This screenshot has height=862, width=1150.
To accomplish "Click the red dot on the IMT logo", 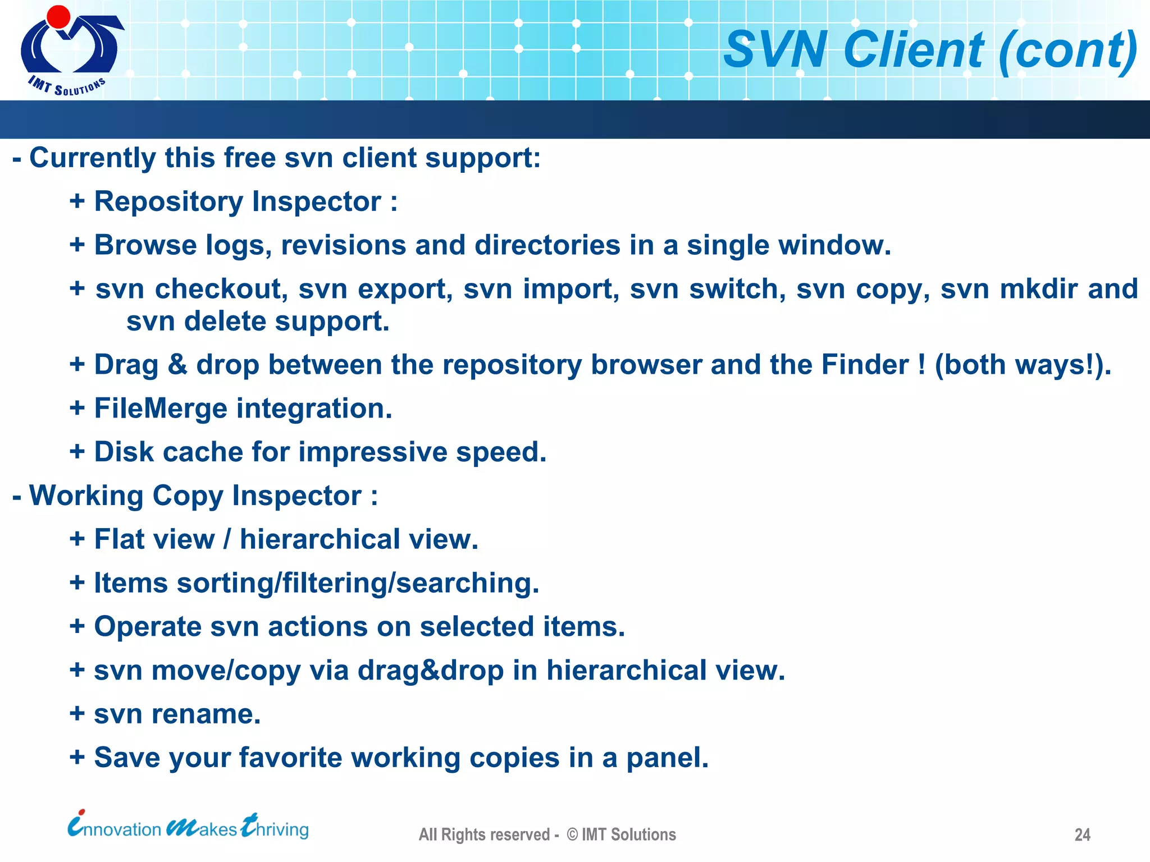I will (x=58, y=16).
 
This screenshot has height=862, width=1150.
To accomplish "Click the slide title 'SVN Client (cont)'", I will (x=930, y=51).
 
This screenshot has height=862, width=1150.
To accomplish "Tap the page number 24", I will (x=1082, y=835).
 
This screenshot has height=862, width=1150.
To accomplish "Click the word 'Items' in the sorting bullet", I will (x=130, y=583).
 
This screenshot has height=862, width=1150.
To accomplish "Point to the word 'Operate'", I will (x=147, y=627).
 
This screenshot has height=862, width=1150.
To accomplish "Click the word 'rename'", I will (x=206, y=714).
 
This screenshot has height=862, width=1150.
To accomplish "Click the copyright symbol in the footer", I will (x=572, y=835).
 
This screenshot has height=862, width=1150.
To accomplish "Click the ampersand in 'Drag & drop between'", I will (x=177, y=365).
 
